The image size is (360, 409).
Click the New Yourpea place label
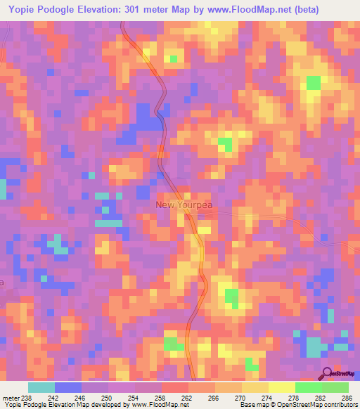(184, 204)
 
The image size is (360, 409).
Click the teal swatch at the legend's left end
(41, 387)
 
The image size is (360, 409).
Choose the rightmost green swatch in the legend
(335, 387)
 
